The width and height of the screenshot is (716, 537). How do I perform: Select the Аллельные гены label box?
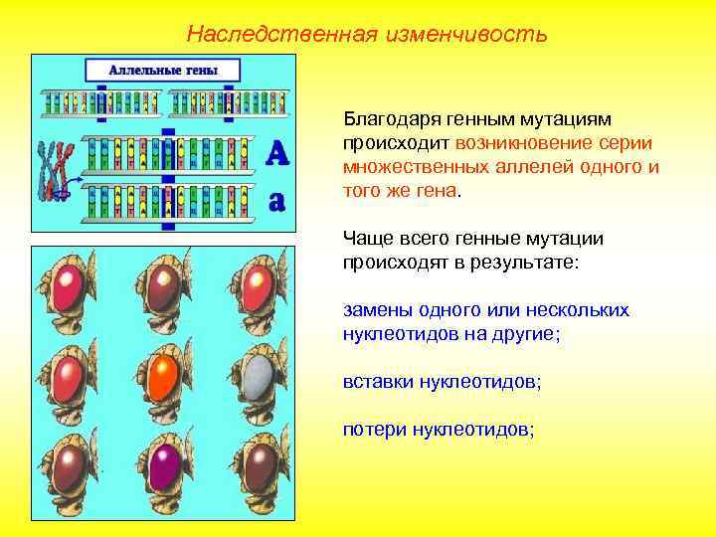(x=162, y=70)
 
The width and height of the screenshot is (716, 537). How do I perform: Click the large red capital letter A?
(x=277, y=152)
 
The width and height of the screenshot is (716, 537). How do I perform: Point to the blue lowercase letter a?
(x=277, y=201)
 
